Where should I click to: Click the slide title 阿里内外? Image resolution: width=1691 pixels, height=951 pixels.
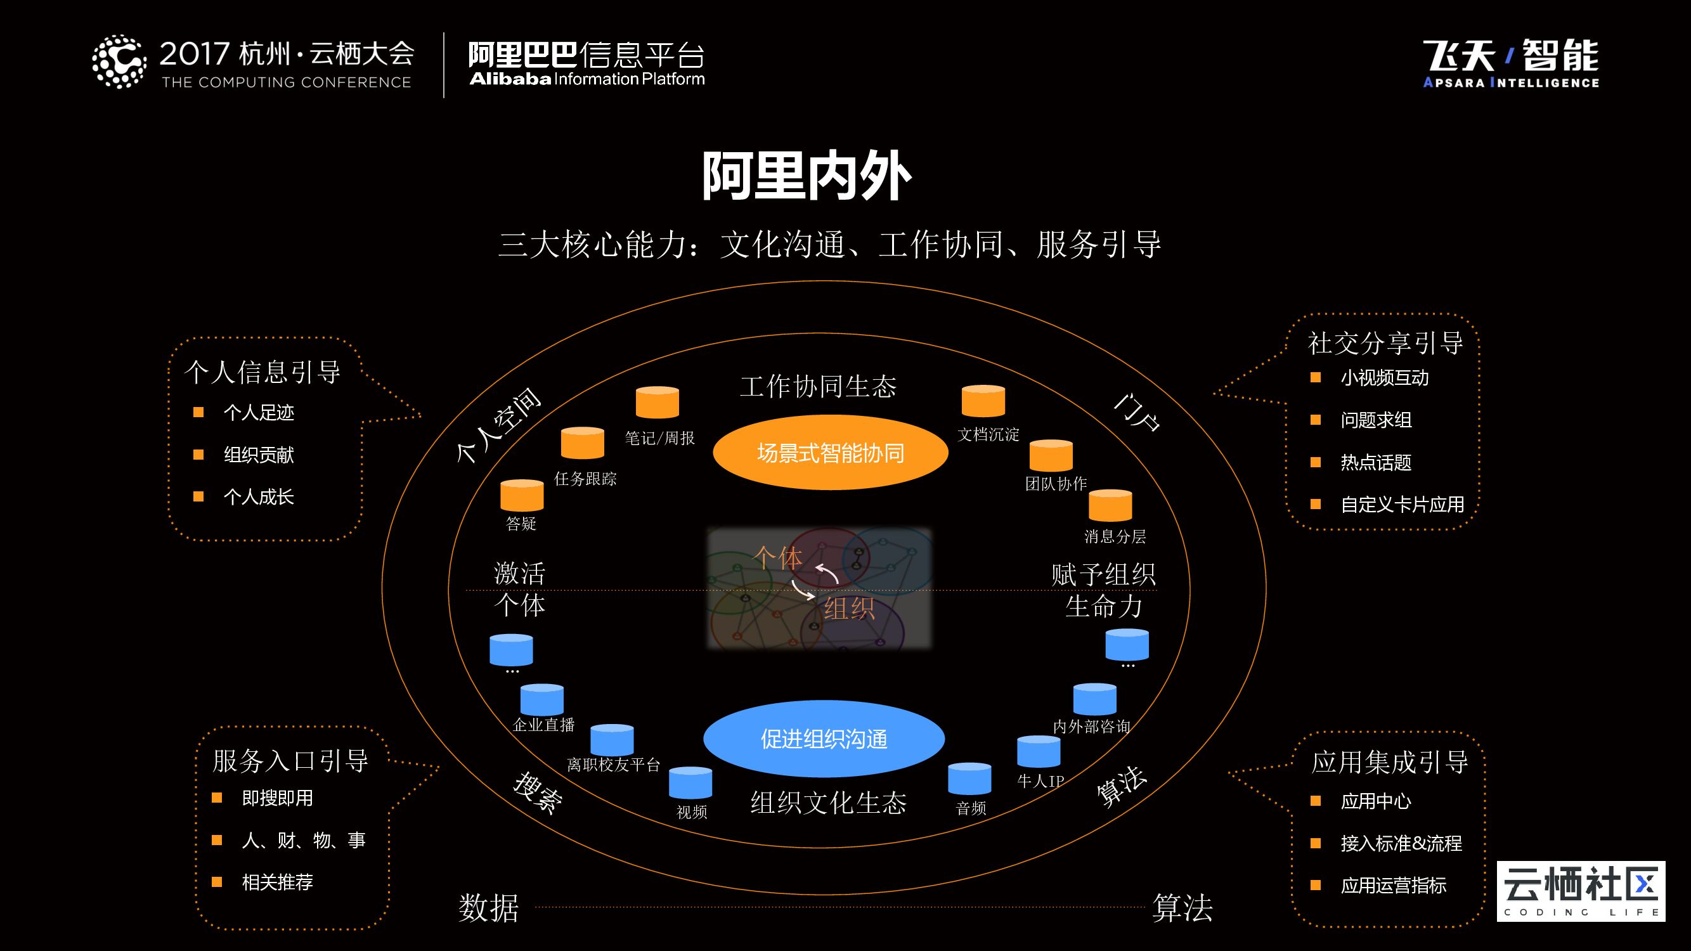807,176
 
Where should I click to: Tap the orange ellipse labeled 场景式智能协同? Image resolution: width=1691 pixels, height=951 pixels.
831,453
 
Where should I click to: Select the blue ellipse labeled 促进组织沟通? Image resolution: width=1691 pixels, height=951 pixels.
824,739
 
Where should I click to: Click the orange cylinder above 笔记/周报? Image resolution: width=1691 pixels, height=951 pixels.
657,402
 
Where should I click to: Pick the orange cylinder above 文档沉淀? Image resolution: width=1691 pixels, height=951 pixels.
983,400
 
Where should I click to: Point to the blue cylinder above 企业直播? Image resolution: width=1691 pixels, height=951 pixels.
541,700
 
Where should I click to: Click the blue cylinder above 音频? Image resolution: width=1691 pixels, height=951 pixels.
969,779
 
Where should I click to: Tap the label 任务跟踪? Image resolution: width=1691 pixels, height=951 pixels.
585,479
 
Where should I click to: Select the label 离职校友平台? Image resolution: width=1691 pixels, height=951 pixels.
613,765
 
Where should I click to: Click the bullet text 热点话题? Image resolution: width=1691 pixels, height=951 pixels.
1375,463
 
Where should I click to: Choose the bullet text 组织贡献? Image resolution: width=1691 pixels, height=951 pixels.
259,455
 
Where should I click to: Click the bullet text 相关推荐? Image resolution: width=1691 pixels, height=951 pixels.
277,882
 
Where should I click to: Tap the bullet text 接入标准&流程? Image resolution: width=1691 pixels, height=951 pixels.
1401,843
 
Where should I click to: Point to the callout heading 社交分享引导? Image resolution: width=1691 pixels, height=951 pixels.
1385,343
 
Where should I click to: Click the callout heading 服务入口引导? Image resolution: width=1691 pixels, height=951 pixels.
290,761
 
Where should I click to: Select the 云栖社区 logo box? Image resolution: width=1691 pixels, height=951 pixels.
1581,891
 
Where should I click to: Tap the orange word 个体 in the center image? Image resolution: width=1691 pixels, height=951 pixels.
777,558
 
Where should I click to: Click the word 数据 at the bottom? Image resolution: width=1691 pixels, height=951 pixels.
488,909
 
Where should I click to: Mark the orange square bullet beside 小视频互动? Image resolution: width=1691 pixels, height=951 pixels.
1315,377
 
